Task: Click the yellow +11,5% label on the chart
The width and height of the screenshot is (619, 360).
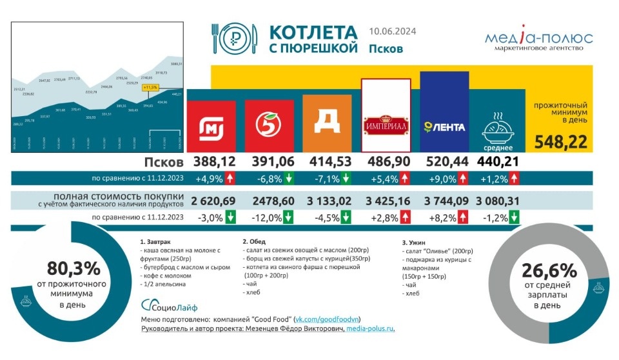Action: [150, 86]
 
